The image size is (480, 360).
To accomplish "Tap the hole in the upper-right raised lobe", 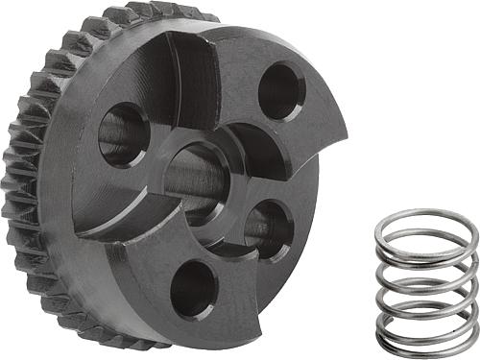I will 281,91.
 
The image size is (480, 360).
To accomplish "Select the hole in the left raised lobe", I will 124,133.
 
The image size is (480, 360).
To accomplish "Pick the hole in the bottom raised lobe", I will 193,288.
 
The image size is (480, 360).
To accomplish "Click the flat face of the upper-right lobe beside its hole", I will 312,120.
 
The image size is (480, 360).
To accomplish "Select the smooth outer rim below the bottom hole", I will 206,331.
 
